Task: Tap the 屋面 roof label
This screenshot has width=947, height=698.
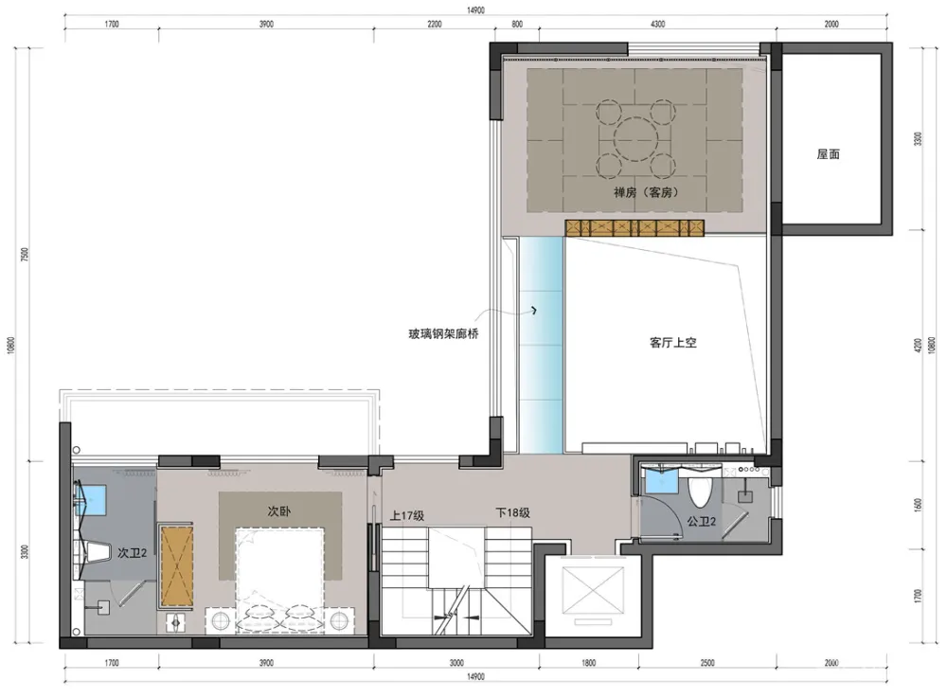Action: pos(829,154)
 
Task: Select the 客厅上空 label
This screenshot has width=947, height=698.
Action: pos(673,343)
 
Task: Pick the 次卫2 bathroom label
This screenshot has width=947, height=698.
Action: pos(132,552)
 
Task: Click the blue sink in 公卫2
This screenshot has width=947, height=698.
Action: pos(661,482)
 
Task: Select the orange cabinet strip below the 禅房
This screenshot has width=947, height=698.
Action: pos(636,227)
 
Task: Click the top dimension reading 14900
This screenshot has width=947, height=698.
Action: pos(475,10)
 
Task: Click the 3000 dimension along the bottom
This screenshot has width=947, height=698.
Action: pos(456,663)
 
